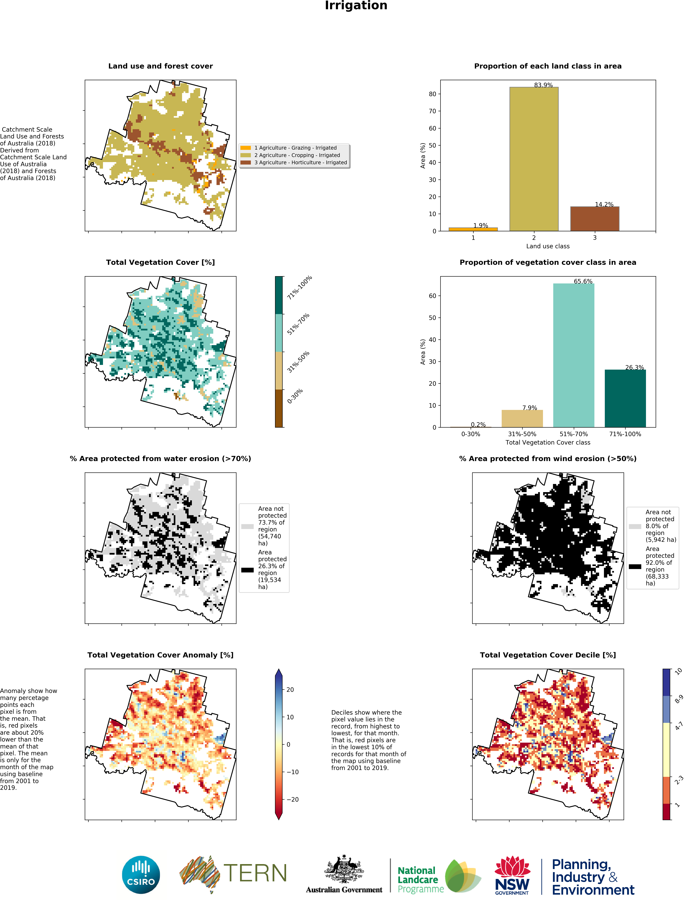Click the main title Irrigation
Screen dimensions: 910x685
click(356, 6)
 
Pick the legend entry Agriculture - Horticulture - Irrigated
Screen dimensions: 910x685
click(300, 163)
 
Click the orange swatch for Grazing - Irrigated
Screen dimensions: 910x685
click(246, 148)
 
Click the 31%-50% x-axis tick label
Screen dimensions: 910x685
click(522, 434)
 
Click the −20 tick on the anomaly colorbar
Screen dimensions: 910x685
click(293, 799)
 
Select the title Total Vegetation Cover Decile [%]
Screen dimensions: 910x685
click(548, 655)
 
